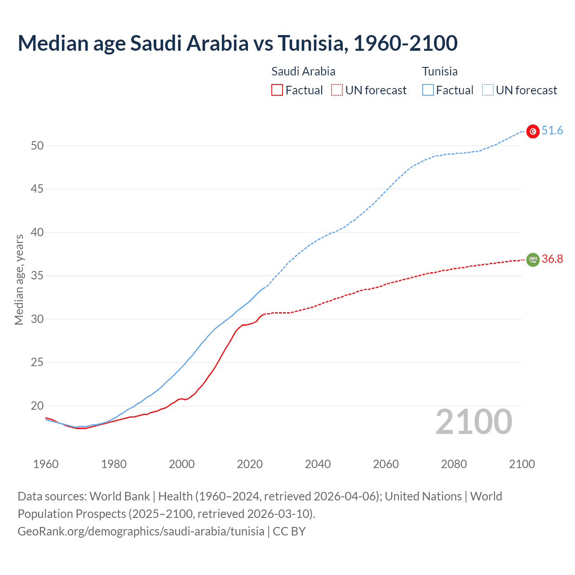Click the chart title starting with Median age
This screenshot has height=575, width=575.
(x=238, y=43)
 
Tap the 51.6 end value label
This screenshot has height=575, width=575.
(x=552, y=131)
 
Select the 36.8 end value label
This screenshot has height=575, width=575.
(x=552, y=259)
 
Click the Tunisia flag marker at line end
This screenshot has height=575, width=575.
(x=533, y=132)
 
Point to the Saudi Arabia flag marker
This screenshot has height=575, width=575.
(x=533, y=260)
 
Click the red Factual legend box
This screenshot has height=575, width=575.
(x=277, y=90)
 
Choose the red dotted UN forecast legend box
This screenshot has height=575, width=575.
(x=337, y=90)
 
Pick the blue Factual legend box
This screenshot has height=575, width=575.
(x=428, y=90)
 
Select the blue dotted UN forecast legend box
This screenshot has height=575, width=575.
(x=488, y=90)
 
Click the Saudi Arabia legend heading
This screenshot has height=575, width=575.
(x=303, y=71)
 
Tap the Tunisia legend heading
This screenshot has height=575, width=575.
(x=440, y=71)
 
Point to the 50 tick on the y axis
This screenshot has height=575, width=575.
(x=37, y=146)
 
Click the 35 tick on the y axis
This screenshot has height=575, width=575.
(x=37, y=276)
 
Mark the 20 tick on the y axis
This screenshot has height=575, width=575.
(x=37, y=406)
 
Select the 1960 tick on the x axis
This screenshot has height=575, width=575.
(x=46, y=464)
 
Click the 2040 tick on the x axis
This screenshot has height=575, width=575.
(x=318, y=464)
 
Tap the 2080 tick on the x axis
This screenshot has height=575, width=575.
(x=454, y=464)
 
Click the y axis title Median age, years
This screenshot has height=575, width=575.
(x=19, y=279)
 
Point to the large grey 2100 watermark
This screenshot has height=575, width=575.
(x=474, y=422)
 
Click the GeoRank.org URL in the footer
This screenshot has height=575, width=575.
(x=141, y=531)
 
